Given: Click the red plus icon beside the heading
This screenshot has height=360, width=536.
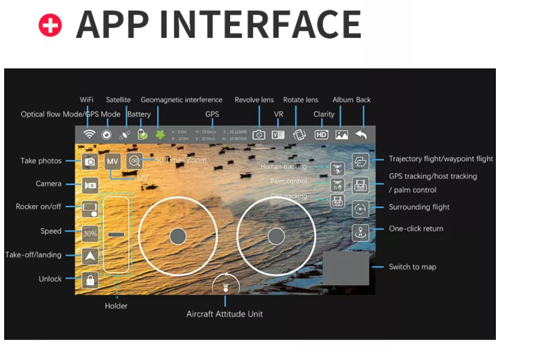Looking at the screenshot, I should (50, 25).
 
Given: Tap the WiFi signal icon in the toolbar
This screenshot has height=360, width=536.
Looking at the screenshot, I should (89, 135).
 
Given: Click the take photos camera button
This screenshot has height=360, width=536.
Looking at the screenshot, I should (90, 161).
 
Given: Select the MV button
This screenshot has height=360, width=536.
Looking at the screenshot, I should (112, 161).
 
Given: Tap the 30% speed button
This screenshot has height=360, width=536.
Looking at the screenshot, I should (90, 234).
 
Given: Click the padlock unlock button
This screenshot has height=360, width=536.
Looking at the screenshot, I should (90, 280).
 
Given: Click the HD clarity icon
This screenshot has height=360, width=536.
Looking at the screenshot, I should (321, 135).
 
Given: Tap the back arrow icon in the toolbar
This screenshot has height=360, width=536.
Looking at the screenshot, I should (361, 135).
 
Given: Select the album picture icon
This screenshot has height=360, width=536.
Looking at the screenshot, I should (341, 135).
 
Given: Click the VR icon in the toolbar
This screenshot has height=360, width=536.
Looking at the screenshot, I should (278, 135).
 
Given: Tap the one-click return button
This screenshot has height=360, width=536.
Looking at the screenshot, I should (361, 232).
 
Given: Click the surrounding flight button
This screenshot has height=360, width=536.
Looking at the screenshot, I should (361, 209).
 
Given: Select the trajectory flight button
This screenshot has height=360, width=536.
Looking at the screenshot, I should (361, 161).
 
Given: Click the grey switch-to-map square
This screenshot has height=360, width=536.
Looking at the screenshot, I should (345, 269).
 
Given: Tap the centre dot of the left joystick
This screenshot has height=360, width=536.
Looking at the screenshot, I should (178, 236).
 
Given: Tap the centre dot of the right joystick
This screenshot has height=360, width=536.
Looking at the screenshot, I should (276, 236).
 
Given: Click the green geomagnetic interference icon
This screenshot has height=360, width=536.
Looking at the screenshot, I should (160, 134).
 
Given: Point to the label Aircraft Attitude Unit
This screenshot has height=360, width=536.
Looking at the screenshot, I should (224, 314).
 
